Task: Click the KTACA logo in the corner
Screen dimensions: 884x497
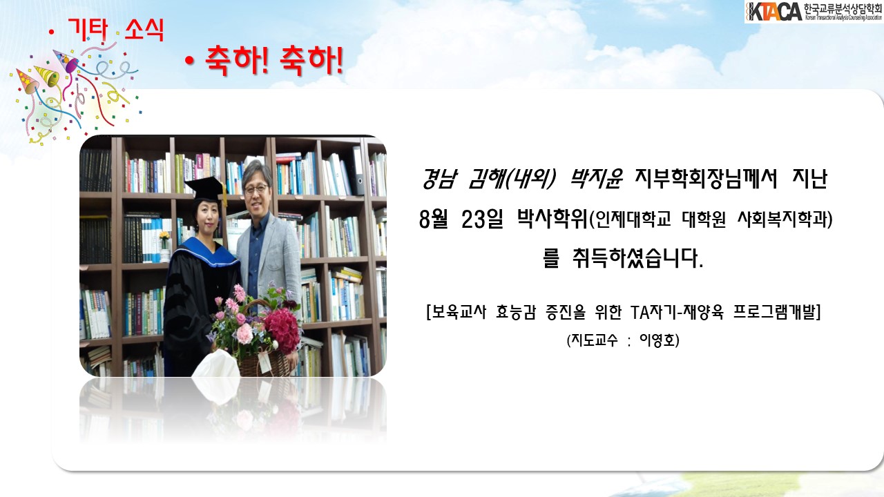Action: [x=814, y=12]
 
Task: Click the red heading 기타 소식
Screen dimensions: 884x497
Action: [x=116, y=29]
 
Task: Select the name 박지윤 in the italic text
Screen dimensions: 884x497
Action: [x=595, y=179]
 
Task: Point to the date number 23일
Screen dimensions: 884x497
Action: [x=481, y=219]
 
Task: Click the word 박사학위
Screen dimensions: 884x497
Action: [x=552, y=219]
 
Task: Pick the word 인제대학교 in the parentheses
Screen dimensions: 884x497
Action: [x=633, y=220]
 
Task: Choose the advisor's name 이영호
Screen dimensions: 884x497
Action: [x=656, y=340]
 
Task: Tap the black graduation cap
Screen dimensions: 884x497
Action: [x=206, y=189]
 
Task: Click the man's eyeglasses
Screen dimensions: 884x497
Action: [x=256, y=189]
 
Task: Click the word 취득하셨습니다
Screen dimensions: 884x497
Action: [x=637, y=260]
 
